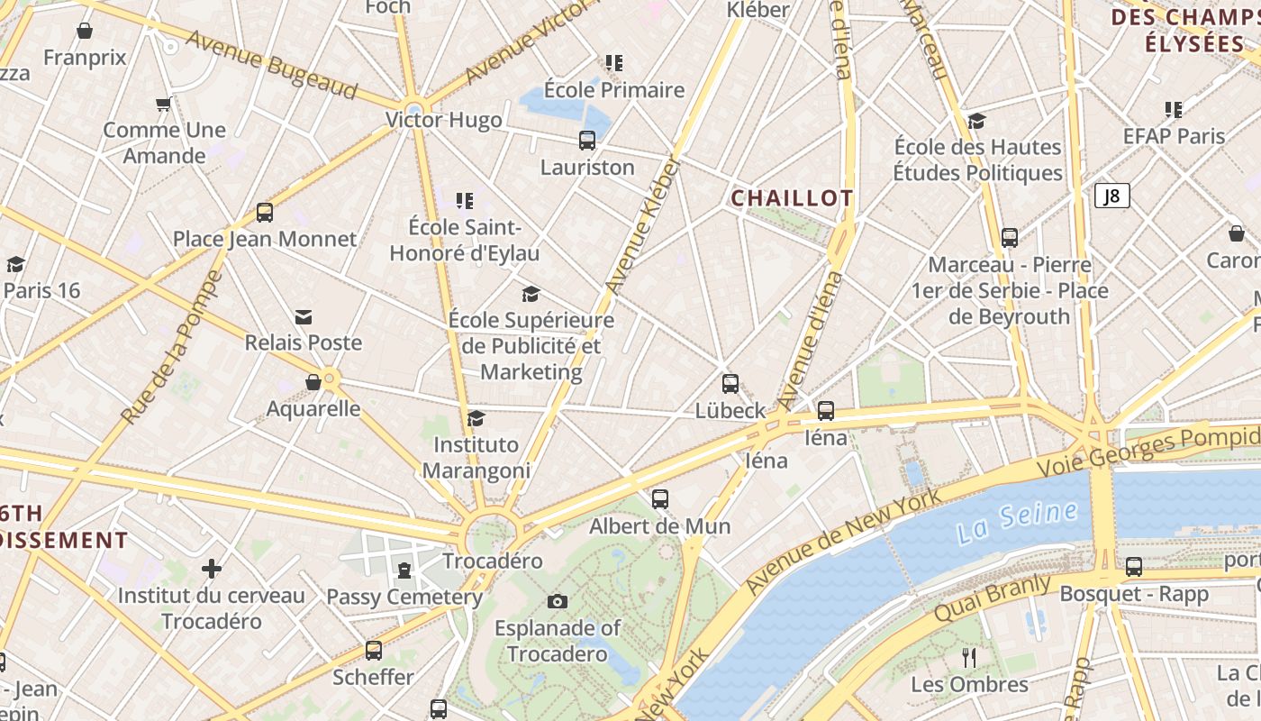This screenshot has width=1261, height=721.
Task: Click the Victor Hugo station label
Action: point(443,120)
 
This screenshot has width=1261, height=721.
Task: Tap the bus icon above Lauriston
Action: point(587,141)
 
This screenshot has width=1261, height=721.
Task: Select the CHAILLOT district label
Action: point(792,198)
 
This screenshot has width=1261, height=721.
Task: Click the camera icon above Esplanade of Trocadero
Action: point(558,601)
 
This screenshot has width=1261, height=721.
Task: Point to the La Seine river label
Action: point(1017,522)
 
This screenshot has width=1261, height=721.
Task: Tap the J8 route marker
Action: point(1112,196)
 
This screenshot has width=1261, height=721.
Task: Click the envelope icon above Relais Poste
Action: point(304,317)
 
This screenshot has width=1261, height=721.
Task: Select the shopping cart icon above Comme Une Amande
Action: point(164,105)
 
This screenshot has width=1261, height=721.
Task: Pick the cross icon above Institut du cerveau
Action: point(212,569)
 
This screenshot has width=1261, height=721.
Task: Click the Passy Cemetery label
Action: point(404,597)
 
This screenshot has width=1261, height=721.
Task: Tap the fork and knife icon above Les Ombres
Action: point(969,658)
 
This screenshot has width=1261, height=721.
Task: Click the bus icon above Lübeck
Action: point(730,384)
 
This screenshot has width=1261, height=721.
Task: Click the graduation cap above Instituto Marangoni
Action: point(476,419)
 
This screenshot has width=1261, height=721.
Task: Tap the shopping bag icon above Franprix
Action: point(85,32)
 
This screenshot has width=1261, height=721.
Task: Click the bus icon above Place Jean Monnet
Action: point(265,213)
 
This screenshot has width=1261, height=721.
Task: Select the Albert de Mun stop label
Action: point(660,525)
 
